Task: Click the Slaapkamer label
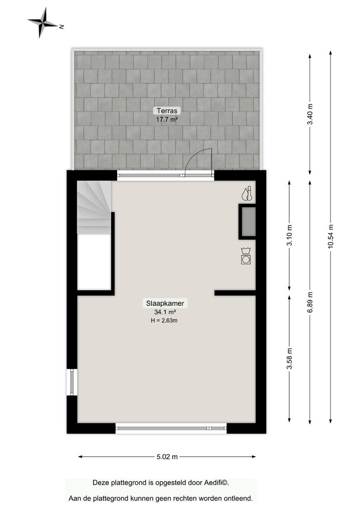[x=165, y=303]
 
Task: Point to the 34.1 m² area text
[x=165, y=312]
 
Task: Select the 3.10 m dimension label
[x=289, y=235]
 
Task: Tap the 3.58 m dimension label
[x=289, y=357]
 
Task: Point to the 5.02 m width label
[x=167, y=457]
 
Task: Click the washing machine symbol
[x=246, y=256]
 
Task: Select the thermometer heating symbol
[x=247, y=193]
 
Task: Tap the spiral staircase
[x=94, y=206]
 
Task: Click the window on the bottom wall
[x=171, y=429]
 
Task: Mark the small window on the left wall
[x=72, y=382]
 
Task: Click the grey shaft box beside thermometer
[x=247, y=221]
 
